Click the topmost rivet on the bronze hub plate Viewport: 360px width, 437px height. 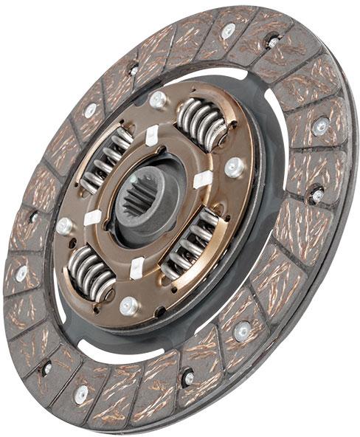[157, 99]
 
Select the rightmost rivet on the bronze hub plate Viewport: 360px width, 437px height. [235, 167]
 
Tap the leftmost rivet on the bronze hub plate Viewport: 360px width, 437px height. [64, 225]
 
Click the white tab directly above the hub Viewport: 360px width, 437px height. [151, 136]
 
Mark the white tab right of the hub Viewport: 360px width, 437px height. [202, 179]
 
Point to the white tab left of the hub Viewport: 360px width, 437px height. [92, 218]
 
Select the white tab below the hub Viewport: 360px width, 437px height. [137, 268]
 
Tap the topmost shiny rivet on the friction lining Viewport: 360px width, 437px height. [229, 30]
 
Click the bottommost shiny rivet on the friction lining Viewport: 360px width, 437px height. [81, 394]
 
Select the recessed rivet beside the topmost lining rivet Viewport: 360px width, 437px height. [273, 41]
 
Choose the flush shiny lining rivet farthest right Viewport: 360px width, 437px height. [320, 126]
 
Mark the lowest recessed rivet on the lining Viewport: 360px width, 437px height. [189, 378]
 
